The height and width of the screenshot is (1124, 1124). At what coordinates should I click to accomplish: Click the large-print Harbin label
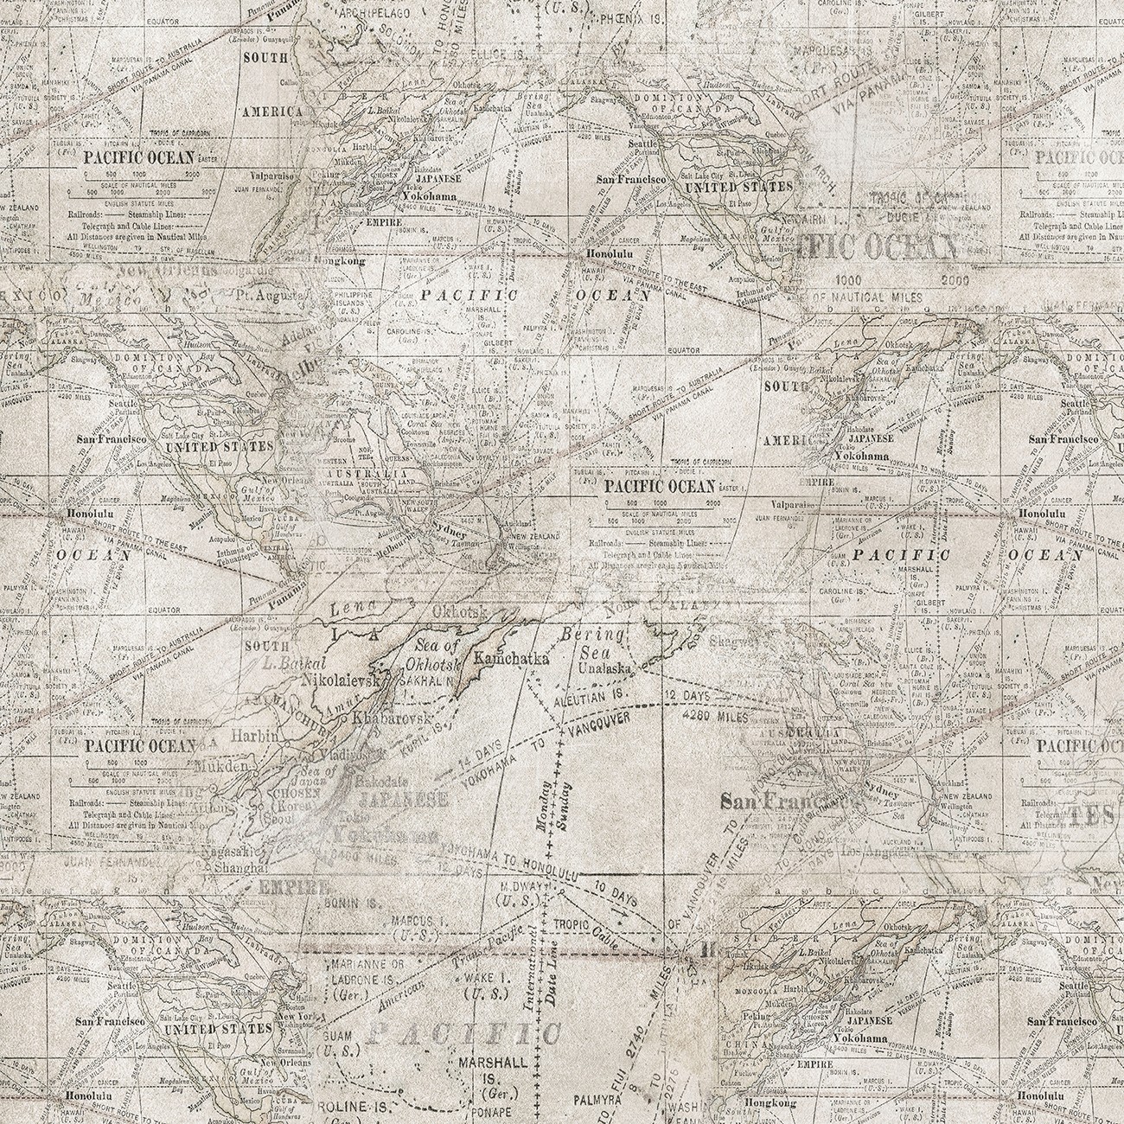click(253, 737)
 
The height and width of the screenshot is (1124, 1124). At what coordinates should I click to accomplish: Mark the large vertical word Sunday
click(567, 805)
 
